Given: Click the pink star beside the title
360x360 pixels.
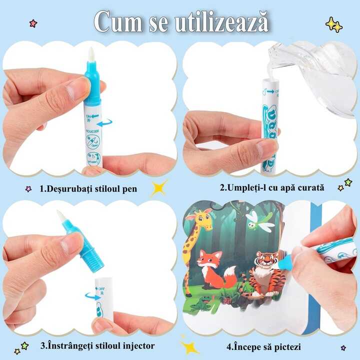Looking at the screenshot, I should [x=33, y=23].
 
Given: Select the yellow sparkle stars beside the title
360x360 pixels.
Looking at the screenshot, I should [x=334, y=24].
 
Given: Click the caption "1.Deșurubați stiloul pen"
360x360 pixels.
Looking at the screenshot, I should [x=88, y=189].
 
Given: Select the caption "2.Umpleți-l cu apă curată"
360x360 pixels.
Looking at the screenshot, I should [x=272, y=188].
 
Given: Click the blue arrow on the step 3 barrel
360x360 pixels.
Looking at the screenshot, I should [x=93, y=296].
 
